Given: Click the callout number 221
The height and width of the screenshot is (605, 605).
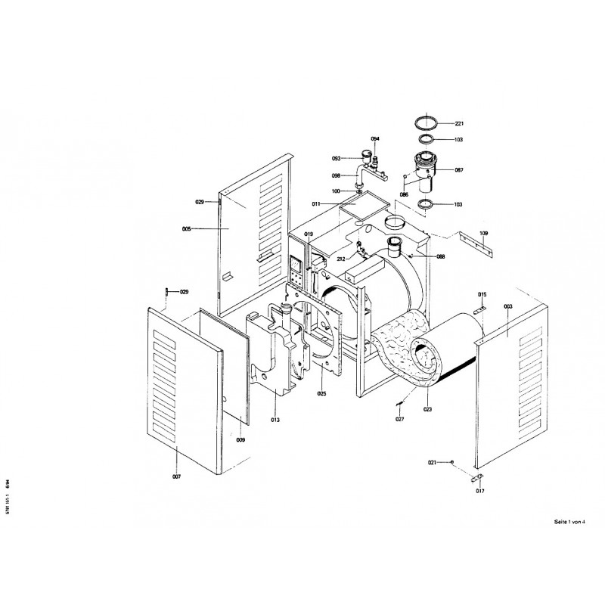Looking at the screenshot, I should (x=459, y=123).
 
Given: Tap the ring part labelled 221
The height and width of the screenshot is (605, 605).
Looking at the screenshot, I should (x=429, y=122).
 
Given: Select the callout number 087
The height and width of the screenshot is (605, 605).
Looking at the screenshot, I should (x=459, y=171).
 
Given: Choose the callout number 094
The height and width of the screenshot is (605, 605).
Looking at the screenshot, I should (x=375, y=139).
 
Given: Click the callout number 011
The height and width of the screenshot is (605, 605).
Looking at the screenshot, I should (x=317, y=204).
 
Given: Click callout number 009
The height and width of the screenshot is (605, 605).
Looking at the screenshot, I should (x=240, y=439).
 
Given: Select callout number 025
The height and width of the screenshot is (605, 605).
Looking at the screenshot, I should (x=321, y=394).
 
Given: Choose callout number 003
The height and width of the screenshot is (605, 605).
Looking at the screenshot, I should (x=507, y=306).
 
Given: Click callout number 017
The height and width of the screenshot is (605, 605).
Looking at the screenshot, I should (x=479, y=492).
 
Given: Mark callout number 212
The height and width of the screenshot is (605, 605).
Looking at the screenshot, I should (x=342, y=259).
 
